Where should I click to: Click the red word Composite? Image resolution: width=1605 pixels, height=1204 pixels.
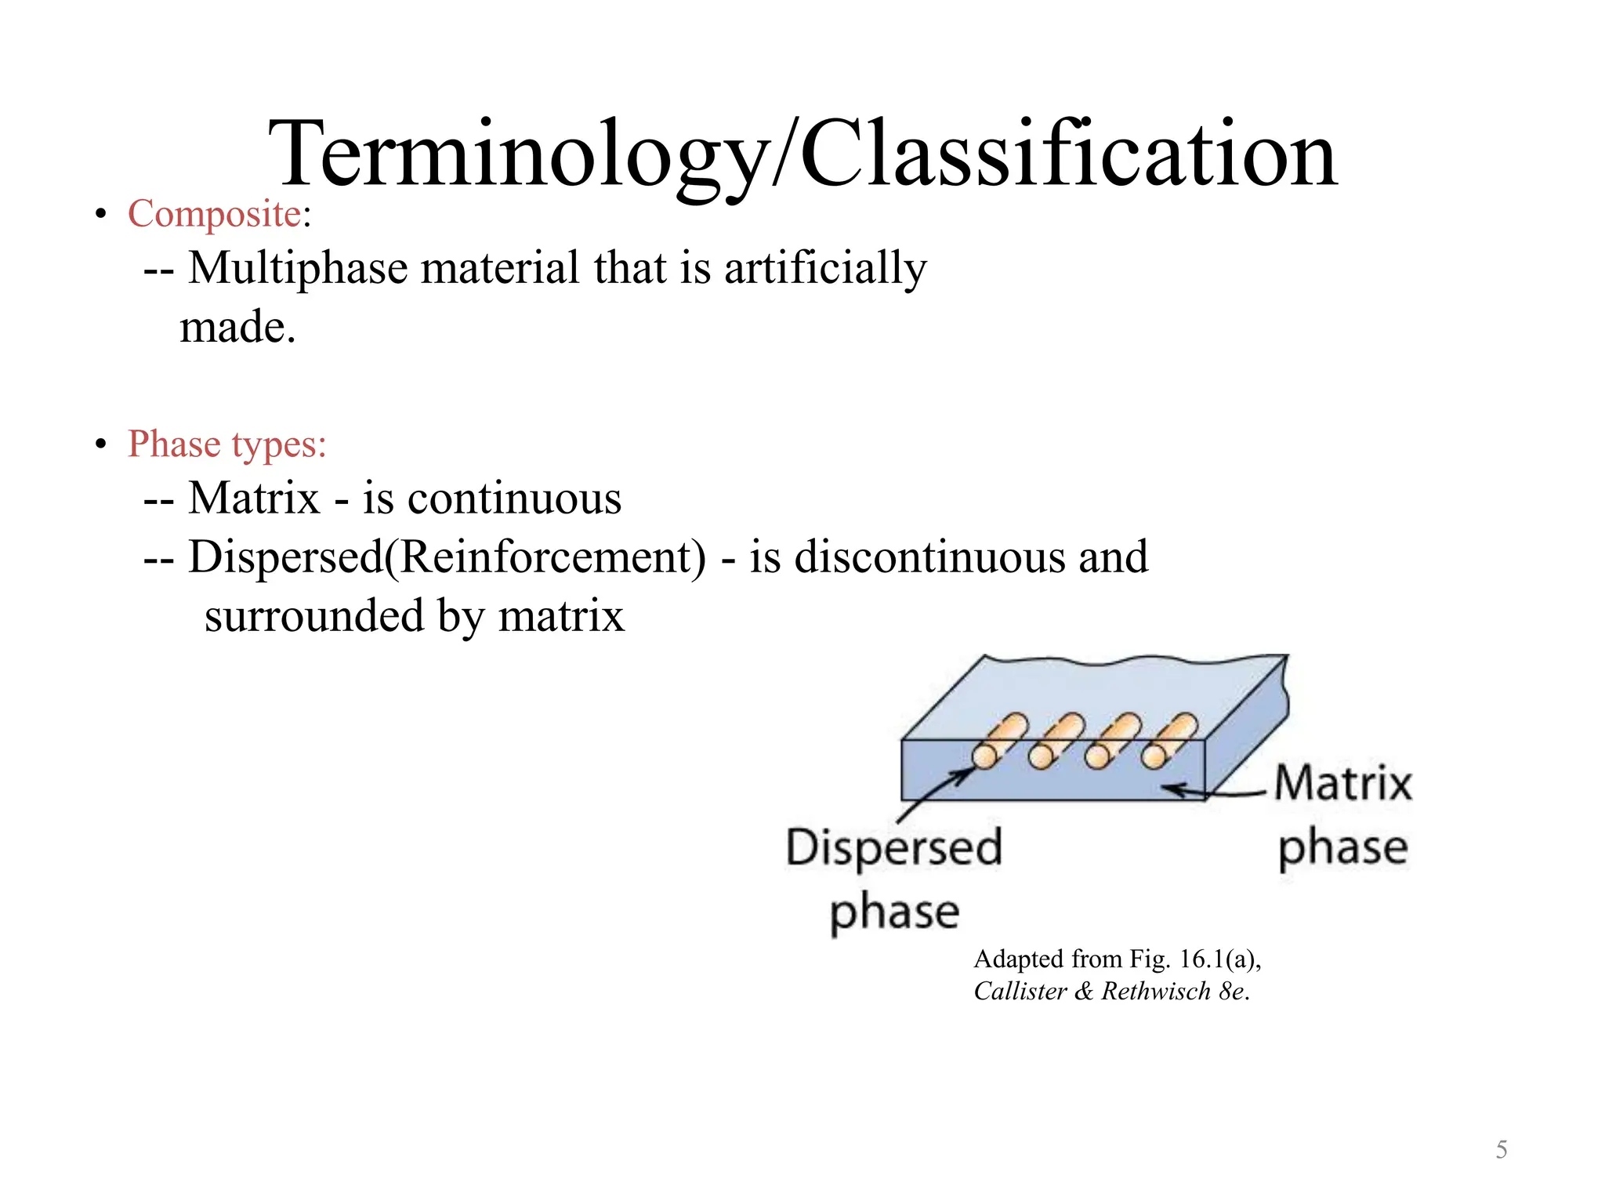215,213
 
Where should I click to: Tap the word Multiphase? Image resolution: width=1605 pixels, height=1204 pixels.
298,268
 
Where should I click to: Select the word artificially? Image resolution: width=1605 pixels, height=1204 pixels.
824,268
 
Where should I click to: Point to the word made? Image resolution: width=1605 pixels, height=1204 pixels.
237,328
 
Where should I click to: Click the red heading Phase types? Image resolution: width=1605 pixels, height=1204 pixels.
227,444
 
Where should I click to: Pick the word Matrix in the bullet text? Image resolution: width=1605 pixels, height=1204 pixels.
255,499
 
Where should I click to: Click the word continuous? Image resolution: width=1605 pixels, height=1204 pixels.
514,499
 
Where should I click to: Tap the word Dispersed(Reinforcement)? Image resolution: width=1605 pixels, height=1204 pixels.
447,557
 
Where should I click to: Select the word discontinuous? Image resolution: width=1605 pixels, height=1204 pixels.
929,557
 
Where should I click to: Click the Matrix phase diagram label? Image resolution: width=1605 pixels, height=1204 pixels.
1343,815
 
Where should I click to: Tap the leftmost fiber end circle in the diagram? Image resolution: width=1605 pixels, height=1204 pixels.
984,756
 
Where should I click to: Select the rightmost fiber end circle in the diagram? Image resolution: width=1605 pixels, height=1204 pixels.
1154,756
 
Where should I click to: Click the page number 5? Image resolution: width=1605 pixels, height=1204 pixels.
1501,1150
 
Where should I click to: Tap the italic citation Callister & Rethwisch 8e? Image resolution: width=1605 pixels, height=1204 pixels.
1111,992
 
